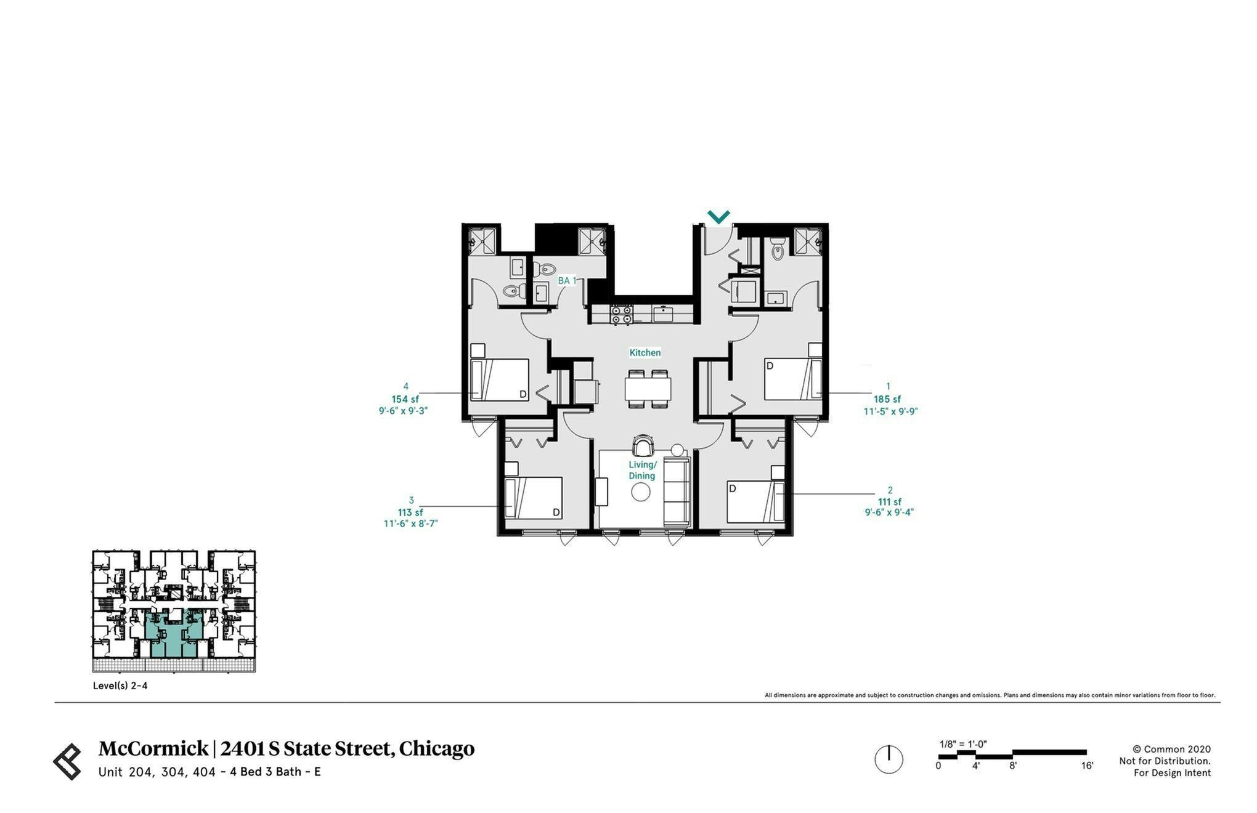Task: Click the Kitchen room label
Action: point(645,353)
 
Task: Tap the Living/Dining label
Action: point(642,471)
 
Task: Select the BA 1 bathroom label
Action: point(567,281)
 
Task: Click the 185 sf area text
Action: point(887,399)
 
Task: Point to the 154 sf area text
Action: point(405,399)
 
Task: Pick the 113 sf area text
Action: point(410,512)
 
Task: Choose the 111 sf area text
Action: point(889,502)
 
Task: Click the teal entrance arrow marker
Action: point(718,217)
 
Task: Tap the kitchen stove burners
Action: point(621,315)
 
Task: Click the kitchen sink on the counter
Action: point(663,314)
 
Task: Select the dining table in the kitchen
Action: point(648,389)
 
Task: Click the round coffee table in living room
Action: point(641,492)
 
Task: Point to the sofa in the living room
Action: point(677,492)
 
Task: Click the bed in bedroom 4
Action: point(500,380)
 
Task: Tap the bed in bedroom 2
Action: point(755,501)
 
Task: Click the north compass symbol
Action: point(889,759)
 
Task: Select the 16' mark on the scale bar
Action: point(1086,766)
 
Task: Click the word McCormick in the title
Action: point(153,749)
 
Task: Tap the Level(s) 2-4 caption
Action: point(120,686)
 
